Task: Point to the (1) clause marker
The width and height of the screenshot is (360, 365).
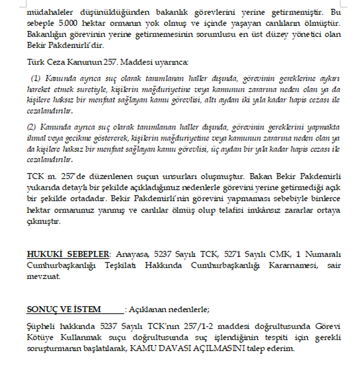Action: click(x=35, y=78)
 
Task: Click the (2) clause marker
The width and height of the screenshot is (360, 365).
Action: click(x=32, y=127)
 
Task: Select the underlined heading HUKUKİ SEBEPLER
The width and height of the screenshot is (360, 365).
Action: click(x=68, y=254)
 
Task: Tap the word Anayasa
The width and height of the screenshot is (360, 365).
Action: click(x=131, y=254)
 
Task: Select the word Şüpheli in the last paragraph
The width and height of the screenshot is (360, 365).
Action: click(x=41, y=327)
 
